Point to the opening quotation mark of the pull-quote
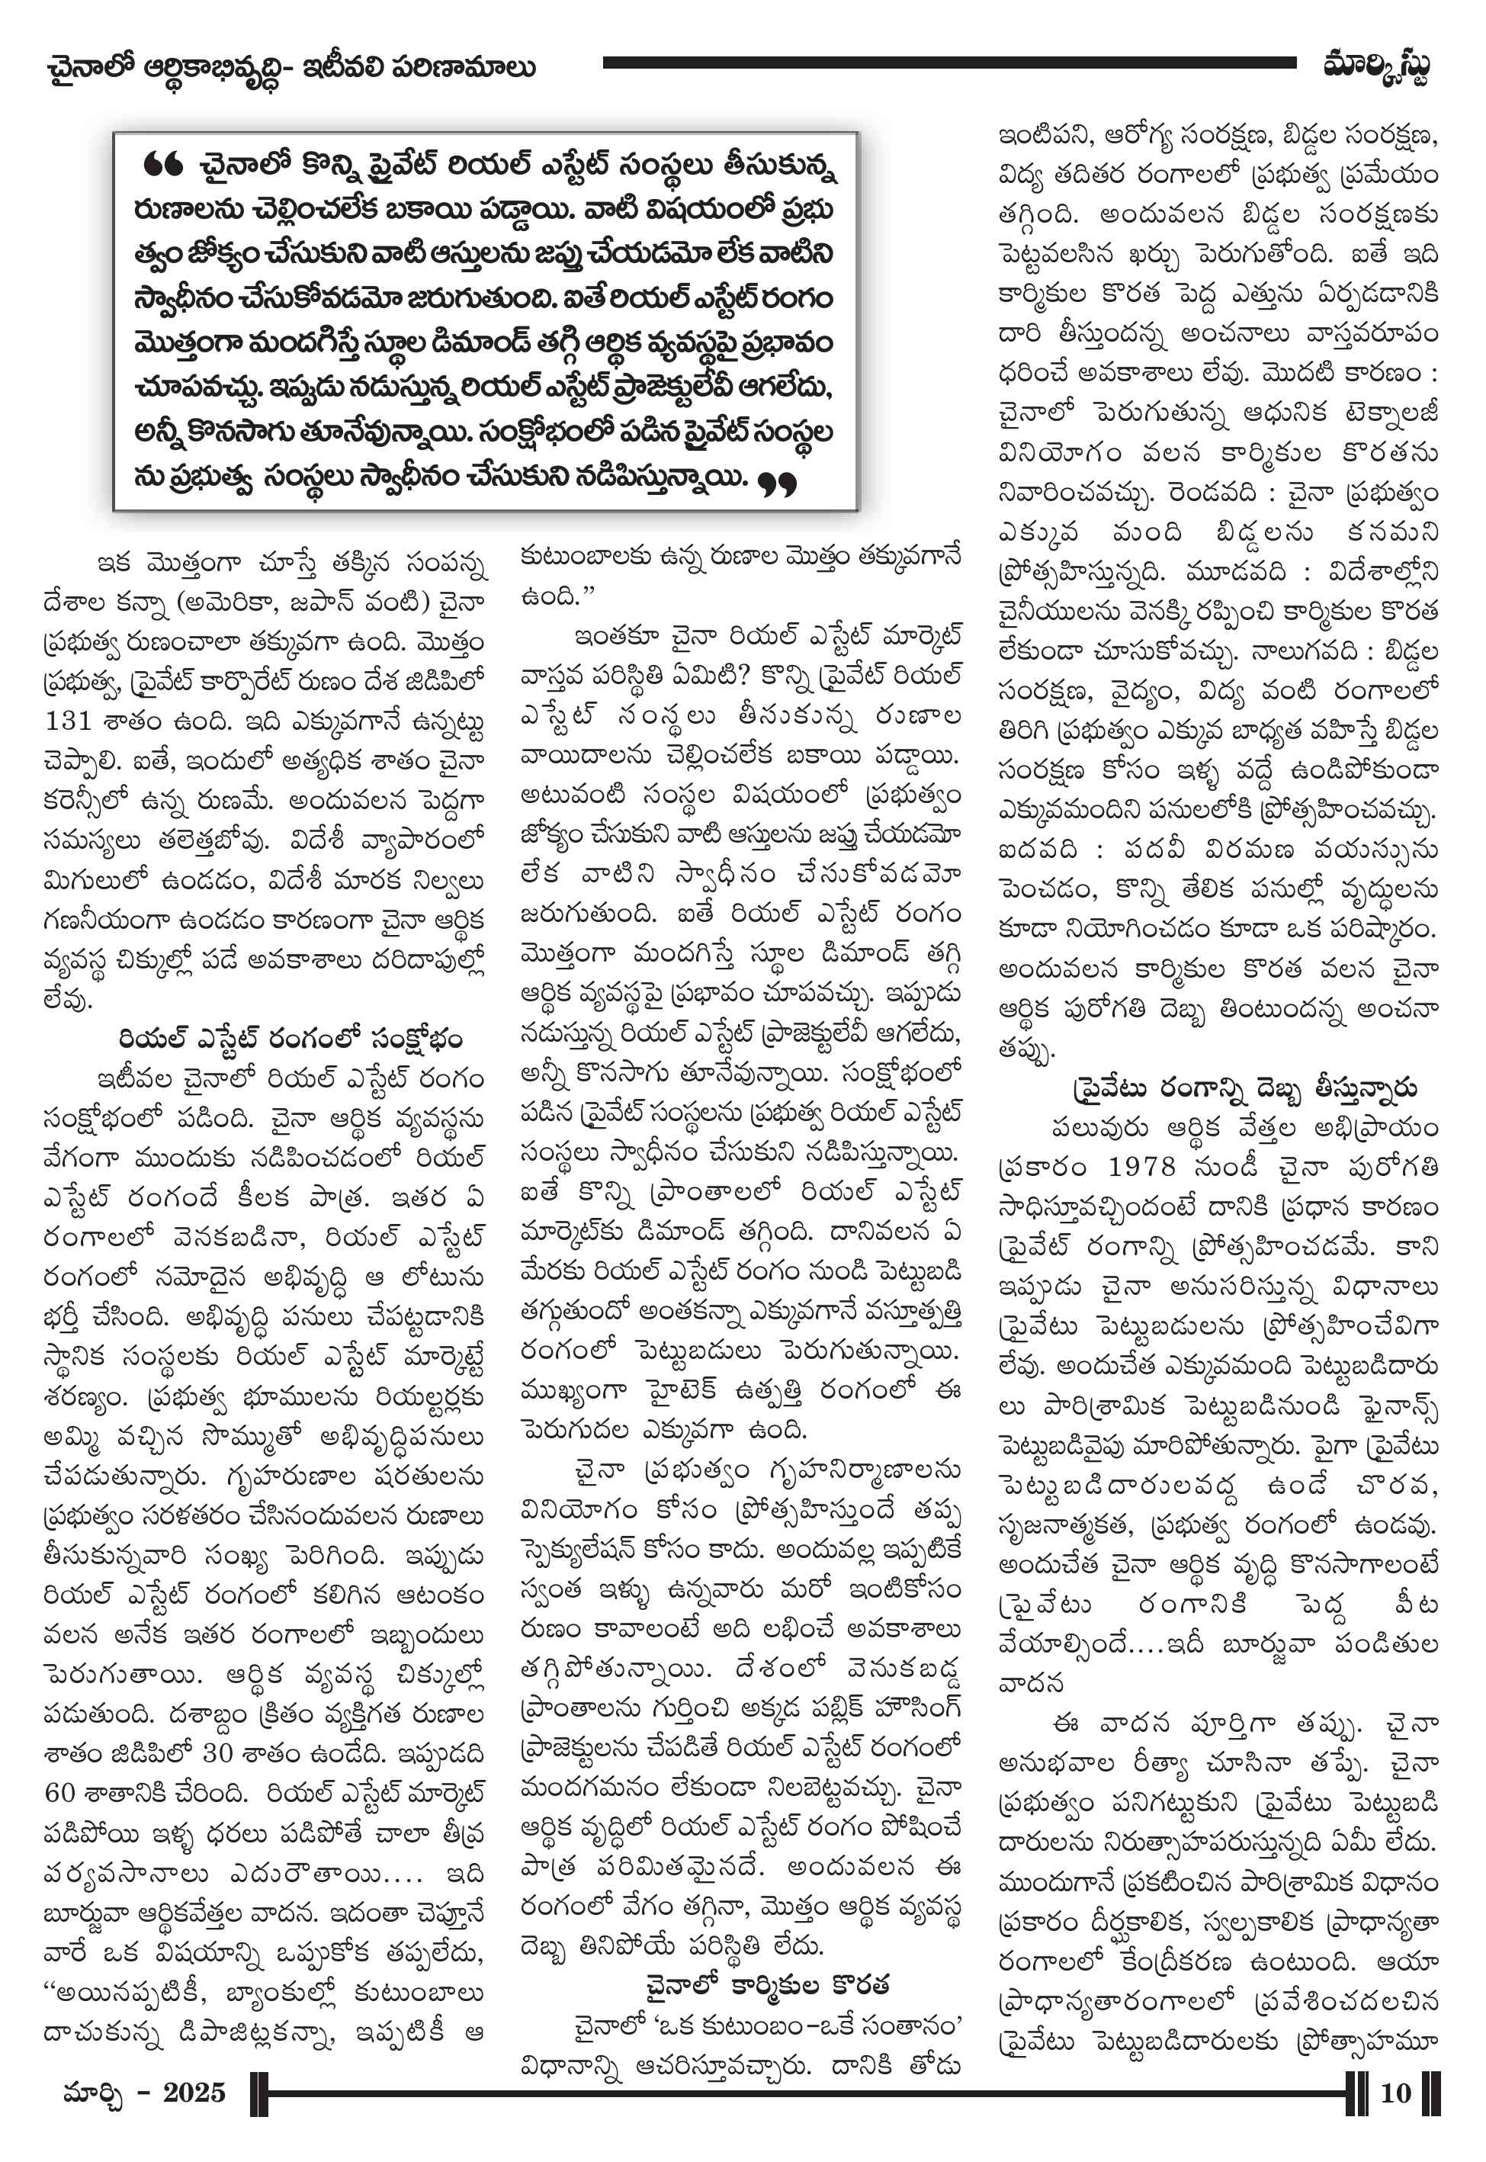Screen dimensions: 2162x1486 click(x=163, y=165)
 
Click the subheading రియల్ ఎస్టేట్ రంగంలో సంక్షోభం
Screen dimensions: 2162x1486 click(x=290, y=1039)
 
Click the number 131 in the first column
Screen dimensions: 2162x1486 click(x=68, y=721)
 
